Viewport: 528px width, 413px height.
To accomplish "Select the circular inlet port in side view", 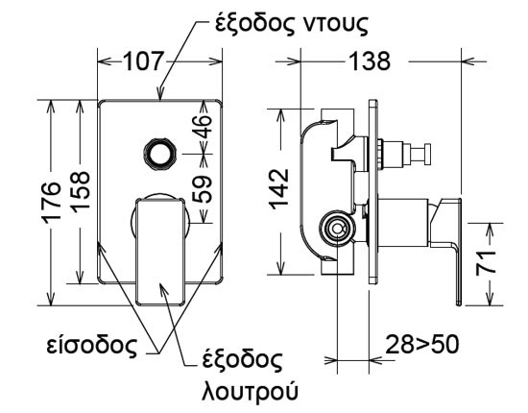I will click(x=336, y=229).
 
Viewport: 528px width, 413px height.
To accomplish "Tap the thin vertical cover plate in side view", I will click(x=370, y=192).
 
